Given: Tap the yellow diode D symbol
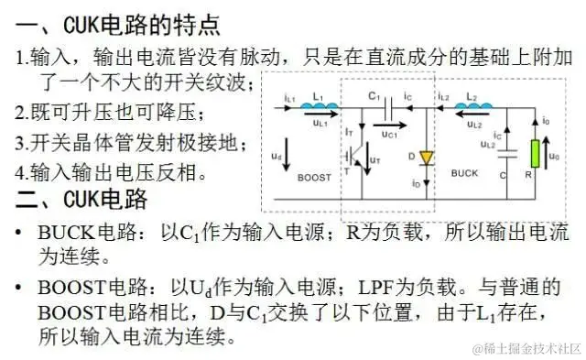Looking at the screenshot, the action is pyautogui.click(x=426, y=158).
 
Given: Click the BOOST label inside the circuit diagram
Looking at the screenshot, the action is pyautogui.click(x=314, y=178).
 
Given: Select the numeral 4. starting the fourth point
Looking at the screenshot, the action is pyautogui.click(x=22, y=171).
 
